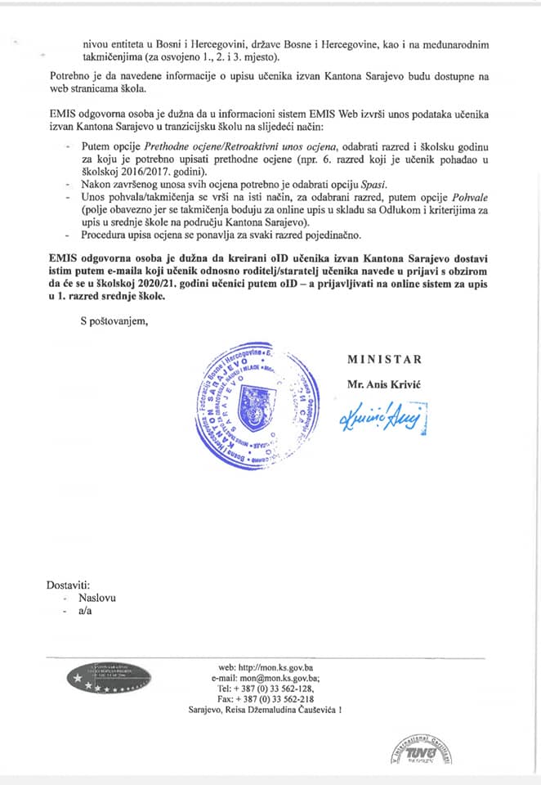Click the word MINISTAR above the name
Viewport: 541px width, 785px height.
(x=384, y=359)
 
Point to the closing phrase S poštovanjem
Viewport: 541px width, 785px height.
(x=114, y=321)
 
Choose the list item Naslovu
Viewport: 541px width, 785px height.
(x=96, y=598)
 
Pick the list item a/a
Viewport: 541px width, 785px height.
(x=85, y=612)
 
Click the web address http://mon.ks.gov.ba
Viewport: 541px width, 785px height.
(x=281, y=667)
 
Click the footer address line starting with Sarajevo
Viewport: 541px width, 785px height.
(x=265, y=711)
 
